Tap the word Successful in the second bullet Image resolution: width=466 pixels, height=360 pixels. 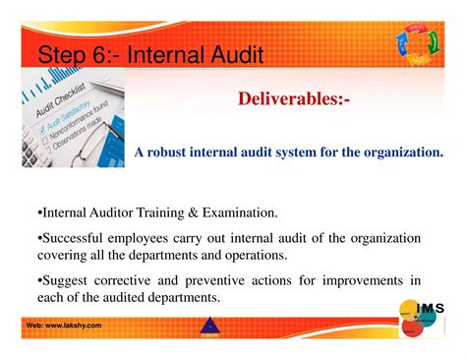click(x=77, y=238)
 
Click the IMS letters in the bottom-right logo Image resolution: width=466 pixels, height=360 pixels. click(x=430, y=309)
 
